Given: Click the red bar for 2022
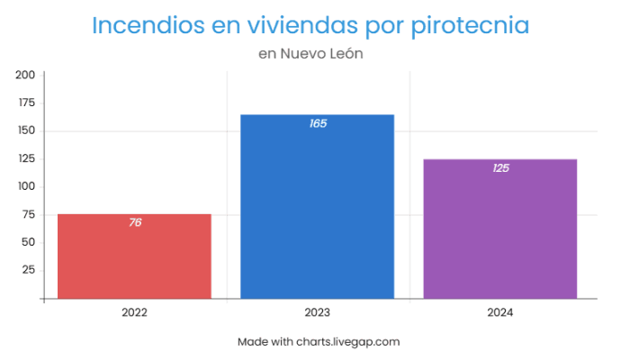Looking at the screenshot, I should [x=134, y=256].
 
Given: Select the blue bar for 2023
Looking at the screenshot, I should [x=317, y=207].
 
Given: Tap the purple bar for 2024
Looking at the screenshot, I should [x=500, y=229].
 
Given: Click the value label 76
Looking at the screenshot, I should [x=135, y=222].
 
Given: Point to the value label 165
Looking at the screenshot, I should [x=318, y=123].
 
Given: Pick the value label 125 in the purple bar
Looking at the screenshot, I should [x=501, y=168].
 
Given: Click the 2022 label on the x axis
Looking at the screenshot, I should [x=134, y=313].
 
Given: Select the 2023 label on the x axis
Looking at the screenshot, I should [x=317, y=313].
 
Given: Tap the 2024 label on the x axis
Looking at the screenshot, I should [x=500, y=313].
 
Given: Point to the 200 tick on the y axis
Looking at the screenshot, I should [x=25, y=75].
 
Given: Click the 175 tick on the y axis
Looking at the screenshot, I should [x=25, y=103].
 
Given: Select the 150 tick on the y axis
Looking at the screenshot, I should [x=25, y=130].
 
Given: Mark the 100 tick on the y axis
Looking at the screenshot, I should [x=25, y=186].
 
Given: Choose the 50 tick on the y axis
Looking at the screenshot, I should [x=27, y=242].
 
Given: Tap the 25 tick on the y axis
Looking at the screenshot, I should [x=27, y=270].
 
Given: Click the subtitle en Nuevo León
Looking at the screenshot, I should [x=310, y=54].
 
